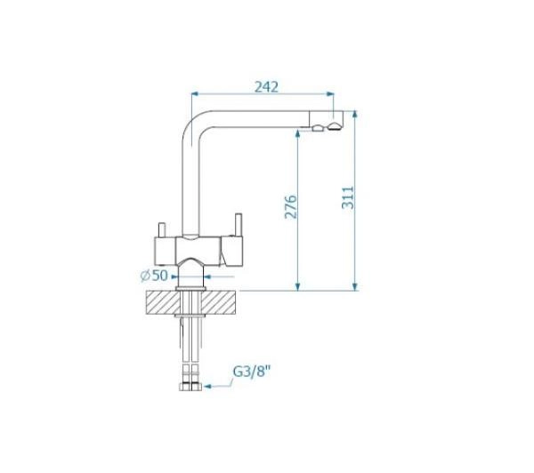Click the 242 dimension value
pos(267,87)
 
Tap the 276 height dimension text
pos(290,206)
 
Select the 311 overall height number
pos(348,197)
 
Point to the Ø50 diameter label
pos(154,276)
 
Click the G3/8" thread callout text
pos(252,372)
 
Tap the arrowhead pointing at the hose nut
pos(207,387)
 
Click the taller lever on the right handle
pos(238,225)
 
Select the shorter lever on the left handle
pos(162,229)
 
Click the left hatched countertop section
pos(163,302)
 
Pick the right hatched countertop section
pos(218,302)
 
